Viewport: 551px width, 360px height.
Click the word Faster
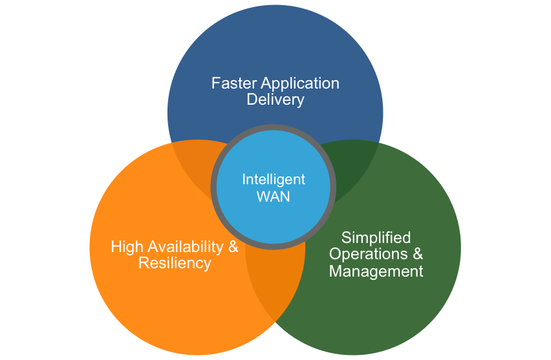click(234, 83)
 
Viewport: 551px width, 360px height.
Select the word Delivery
click(275, 100)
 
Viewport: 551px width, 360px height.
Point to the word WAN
click(274, 196)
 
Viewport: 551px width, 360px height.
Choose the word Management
click(376, 271)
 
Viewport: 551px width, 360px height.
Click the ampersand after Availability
click(233, 246)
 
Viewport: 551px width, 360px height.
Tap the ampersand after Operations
click(418, 253)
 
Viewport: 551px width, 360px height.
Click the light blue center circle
click(274, 187)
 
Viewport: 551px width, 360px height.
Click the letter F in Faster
click(215, 83)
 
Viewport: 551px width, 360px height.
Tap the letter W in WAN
click(264, 196)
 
